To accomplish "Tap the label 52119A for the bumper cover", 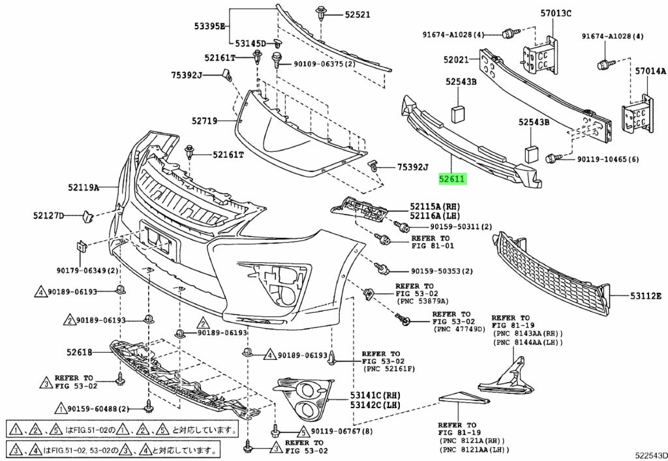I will [x=83, y=188].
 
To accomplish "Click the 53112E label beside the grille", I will [x=646, y=295].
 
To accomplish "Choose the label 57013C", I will [x=555, y=12].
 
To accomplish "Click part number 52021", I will [x=457, y=59].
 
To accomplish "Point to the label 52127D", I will [x=49, y=215].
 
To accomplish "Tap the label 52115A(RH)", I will [x=435, y=205].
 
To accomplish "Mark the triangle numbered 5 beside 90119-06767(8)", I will [x=303, y=431].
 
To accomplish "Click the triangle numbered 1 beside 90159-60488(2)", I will [x=59, y=409].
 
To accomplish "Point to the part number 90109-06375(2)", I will [x=324, y=64].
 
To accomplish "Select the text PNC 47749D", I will [x=460, y=329].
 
